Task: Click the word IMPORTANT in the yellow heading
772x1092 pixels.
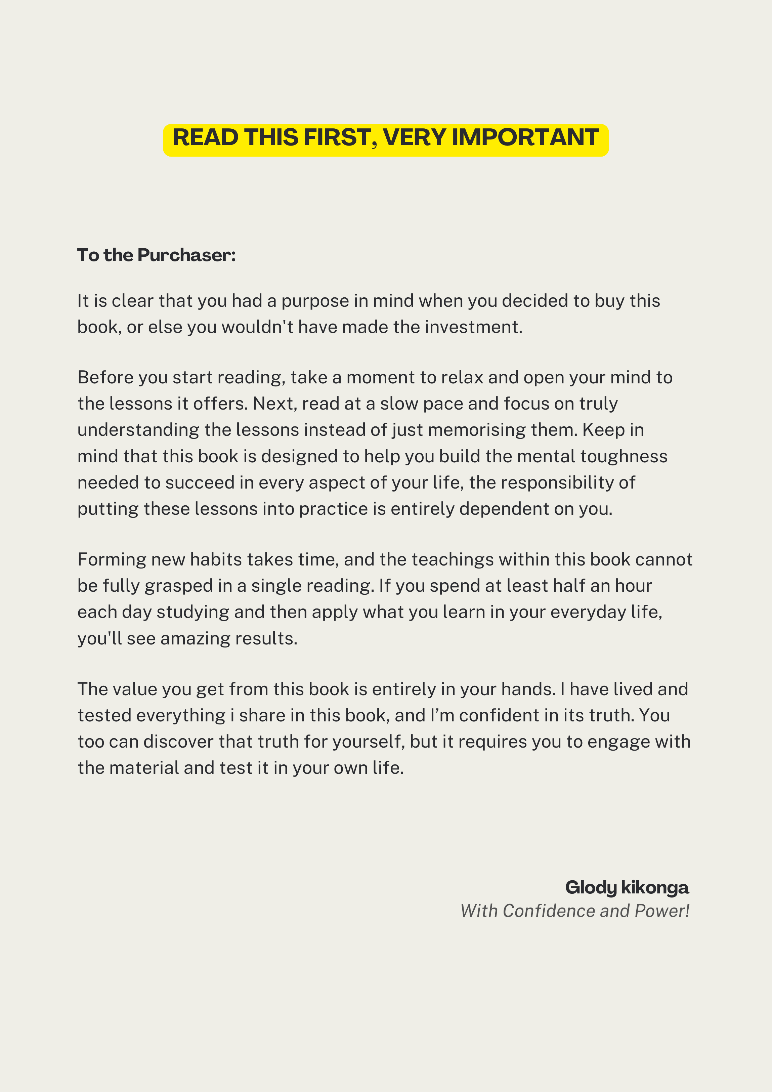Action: tap(525, 138)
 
